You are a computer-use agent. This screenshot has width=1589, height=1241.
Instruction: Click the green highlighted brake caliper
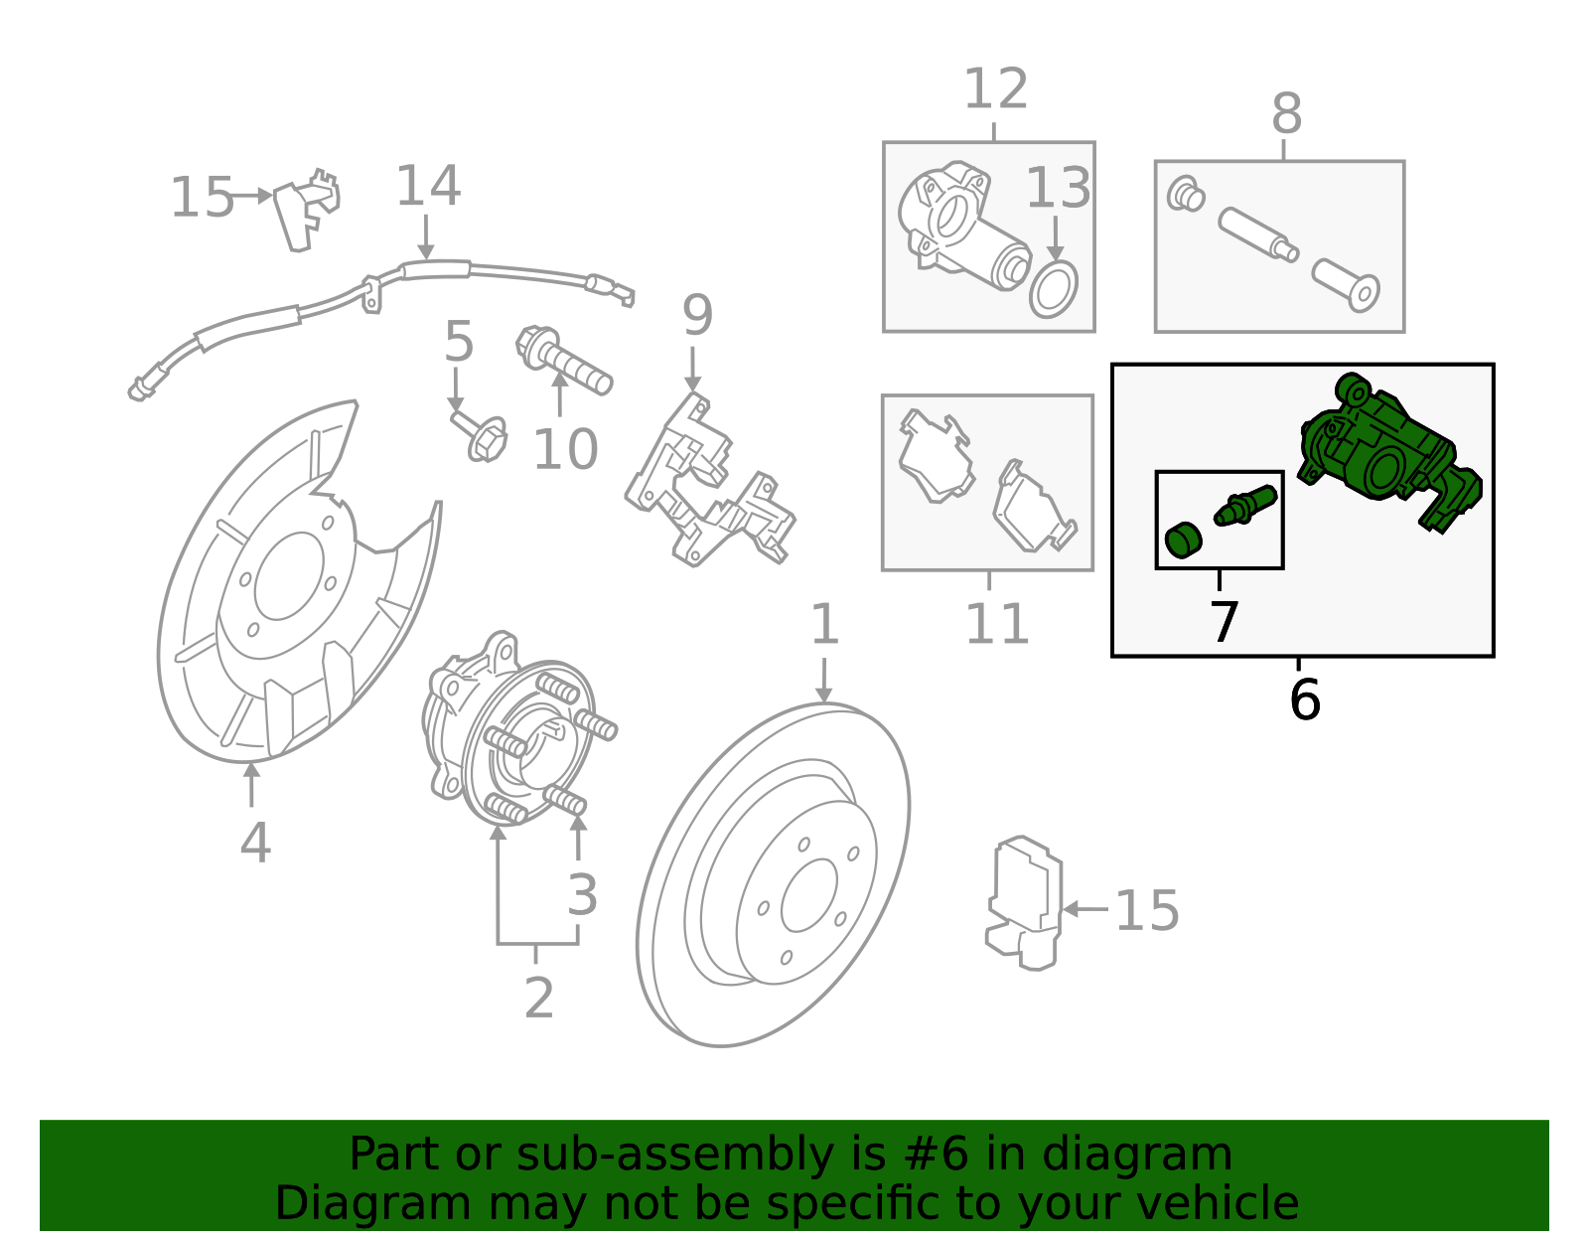point(1385,452)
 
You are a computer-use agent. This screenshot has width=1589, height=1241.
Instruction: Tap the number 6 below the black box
point(1304,700)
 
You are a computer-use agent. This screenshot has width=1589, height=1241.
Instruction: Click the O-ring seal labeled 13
point(1054,289)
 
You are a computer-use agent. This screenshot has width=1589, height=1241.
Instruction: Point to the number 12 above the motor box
point(995,90)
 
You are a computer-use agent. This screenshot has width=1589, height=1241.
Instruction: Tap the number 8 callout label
point(1286,115)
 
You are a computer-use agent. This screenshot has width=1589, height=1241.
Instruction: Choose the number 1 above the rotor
point(824,626)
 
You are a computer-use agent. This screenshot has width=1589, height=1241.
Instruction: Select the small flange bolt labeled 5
point(483,437)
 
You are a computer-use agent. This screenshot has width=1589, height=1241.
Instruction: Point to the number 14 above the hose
point(428,187)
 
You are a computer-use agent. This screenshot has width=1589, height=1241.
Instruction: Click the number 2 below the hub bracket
point(538,998)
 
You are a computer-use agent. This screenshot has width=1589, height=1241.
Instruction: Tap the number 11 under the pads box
point(996,626)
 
